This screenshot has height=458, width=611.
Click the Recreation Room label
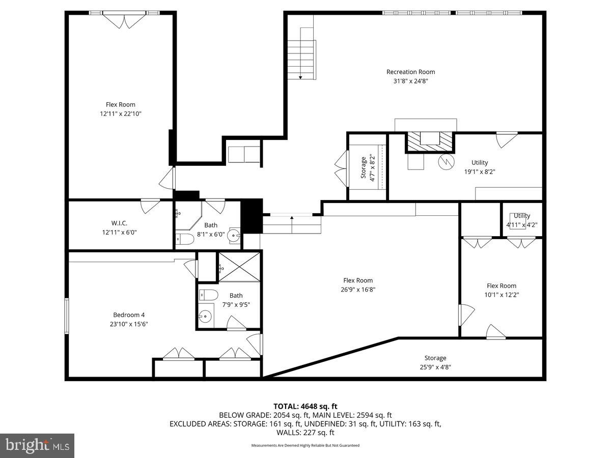pyautogui.click(x=410, y=72)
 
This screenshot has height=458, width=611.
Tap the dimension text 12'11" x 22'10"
pyautogui.click(x=120, y=114)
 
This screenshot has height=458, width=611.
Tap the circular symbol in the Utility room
pyautogui.click(x=446, y=161)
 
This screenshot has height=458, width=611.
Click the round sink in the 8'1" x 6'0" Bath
pyautogui.click(x=234, y=236)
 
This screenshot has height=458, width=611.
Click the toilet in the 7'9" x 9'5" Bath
pyautogui.click(x=208, y=295)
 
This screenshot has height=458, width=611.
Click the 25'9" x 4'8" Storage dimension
pyautogui.click(x=435, y=367)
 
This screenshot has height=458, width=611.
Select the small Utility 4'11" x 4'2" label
pyautogui.click(x=521, y=220)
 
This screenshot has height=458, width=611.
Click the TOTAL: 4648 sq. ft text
pyautogui.click(x=305, y=406)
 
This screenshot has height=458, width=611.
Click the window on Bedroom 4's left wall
pyautogui.click(x=66, y=316)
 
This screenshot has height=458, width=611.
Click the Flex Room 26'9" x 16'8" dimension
pyautogui.click(x=357, y=290)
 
